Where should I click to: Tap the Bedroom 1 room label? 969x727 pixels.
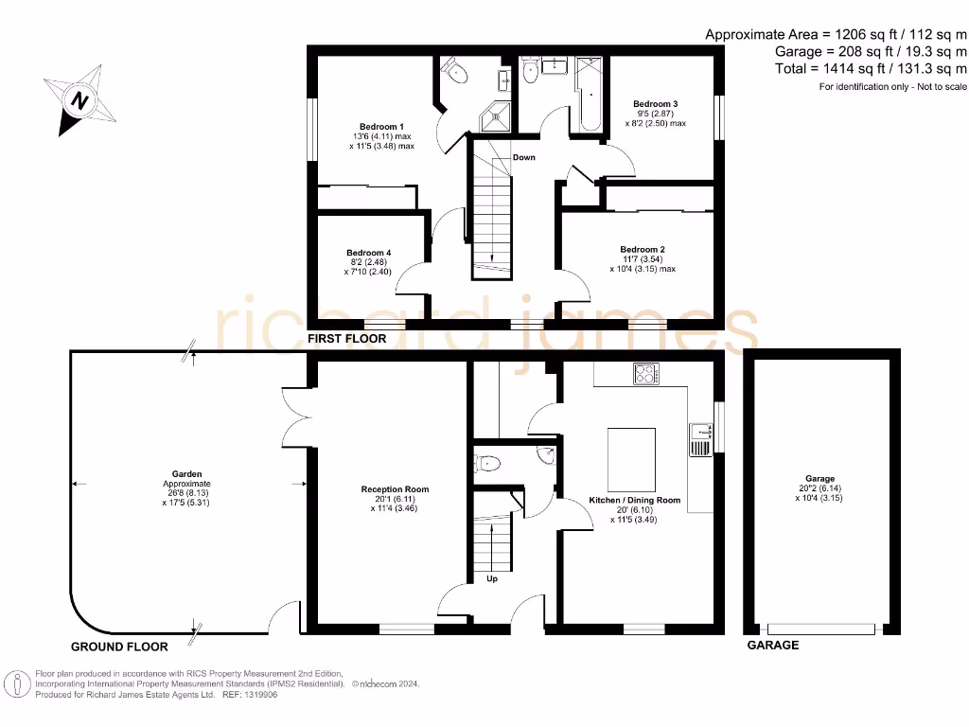click(381, 127)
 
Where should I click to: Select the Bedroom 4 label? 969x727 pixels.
click(368, 253)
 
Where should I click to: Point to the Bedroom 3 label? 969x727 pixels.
click(655, 103)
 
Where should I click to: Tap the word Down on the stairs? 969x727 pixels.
click(523, 157)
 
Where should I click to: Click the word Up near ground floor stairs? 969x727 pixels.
click(491, 578)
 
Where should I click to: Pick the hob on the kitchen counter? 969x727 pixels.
click(646, 374)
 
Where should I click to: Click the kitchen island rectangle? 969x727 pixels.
click(631, 458)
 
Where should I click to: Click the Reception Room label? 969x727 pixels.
click(395, 489)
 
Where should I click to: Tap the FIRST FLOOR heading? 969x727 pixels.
click(346, 338)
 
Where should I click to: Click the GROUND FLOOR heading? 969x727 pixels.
click(119, 647)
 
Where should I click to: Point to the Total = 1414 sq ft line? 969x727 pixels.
click(870, 69)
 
